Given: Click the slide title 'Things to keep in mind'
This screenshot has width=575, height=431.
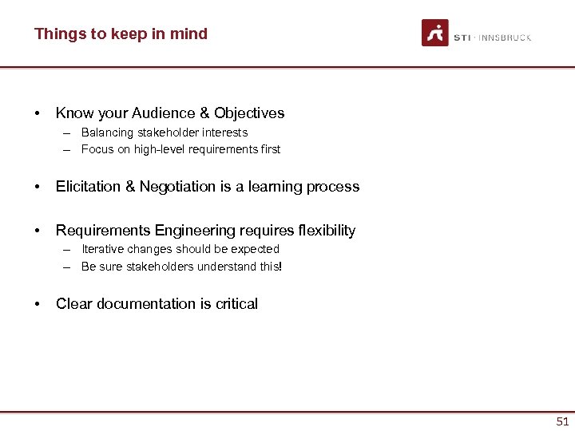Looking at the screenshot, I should [121, 34].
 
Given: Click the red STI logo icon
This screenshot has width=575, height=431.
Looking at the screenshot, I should [435, 34].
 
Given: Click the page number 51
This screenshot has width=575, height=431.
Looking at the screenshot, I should [562, 421].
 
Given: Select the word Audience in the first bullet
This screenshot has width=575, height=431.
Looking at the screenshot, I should [153, 113].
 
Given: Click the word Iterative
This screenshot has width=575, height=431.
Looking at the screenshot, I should [105, 249].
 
